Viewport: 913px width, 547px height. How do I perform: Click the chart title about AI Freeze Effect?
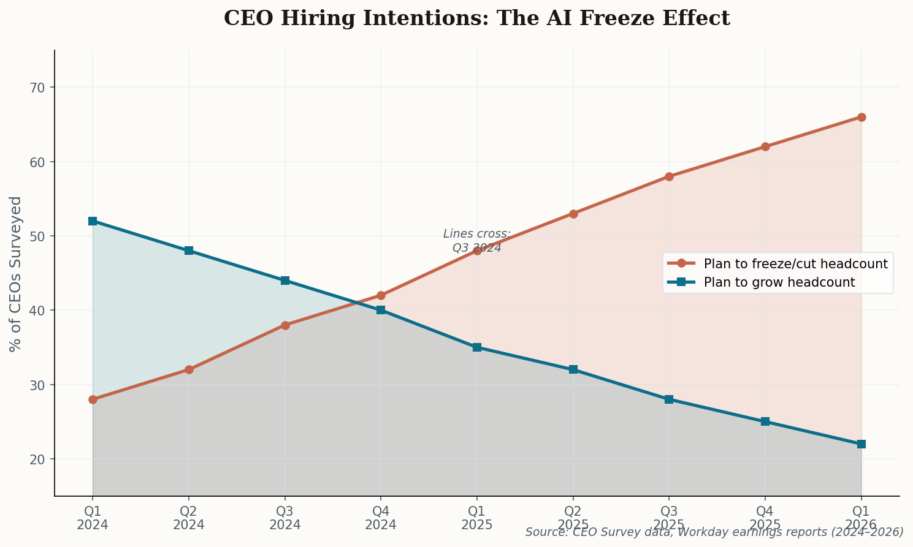point(476,18)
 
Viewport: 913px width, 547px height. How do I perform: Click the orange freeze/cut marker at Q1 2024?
point(93,399)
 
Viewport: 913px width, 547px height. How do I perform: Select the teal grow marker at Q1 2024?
point(93,221)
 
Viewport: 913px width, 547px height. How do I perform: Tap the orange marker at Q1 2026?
point(861,117)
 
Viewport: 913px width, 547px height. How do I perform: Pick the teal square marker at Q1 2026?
point(861,444)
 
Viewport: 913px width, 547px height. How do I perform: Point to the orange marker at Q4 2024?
point(381,295)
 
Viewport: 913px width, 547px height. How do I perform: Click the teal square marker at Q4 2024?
point(381,310)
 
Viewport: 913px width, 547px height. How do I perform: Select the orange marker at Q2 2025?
point(573,214)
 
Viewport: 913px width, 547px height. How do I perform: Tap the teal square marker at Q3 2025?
point(669,399)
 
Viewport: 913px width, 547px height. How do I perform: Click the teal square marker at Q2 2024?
point(189,251)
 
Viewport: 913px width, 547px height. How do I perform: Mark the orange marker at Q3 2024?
point(285,325)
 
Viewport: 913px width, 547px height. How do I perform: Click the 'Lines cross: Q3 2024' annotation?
point(476,241)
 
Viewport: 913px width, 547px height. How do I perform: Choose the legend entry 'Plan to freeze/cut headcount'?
point(795,264)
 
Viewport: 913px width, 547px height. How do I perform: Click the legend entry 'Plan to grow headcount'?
point(779,282)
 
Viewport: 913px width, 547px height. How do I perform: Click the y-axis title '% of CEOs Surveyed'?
point(17,274)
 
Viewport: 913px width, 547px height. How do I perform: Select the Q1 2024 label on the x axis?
point(93,518)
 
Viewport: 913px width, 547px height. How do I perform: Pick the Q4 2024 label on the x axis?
point(381,518)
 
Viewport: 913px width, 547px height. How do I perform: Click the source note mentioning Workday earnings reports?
point(714,532)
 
